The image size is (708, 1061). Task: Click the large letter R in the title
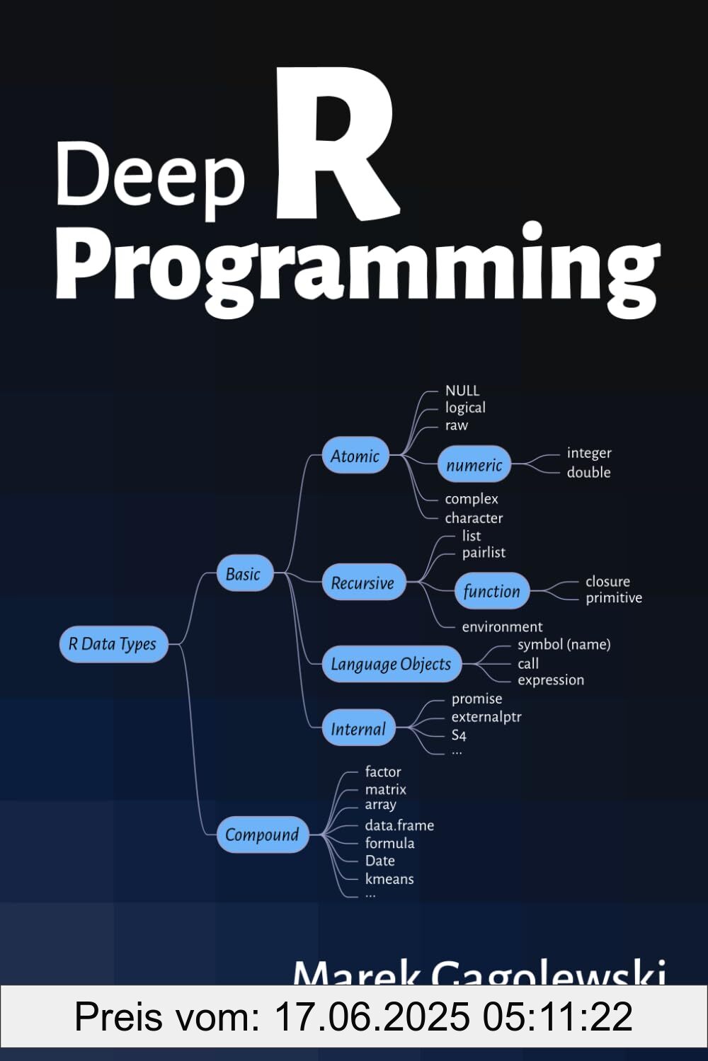(x=336, y=145)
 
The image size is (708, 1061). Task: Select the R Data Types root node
(x=113, y=644)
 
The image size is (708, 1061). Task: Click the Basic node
(x=244, y=574)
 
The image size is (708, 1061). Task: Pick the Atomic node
(x=355, y=457)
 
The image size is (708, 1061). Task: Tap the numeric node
(x=474, y=465)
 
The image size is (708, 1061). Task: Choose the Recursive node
(x=362, y=583)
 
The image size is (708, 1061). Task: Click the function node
(x=491, y=591)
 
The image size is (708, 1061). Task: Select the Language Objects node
(x=391, y=664)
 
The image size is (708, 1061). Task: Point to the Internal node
(x=358, y=728)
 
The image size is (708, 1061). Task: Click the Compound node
(x=262, y=835)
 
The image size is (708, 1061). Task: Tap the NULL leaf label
(x=462, y=391)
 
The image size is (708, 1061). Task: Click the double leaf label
(x=588, y=472)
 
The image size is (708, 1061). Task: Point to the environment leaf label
(x=502, y=626)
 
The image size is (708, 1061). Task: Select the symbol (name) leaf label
(x=564, y=644)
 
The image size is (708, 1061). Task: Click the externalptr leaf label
(x=486, y=716)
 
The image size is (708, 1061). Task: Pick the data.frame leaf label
(x=399, y=825)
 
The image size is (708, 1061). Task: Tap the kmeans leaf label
(x=389, y=878)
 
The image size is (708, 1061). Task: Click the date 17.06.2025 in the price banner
(x=371, y=1017)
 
